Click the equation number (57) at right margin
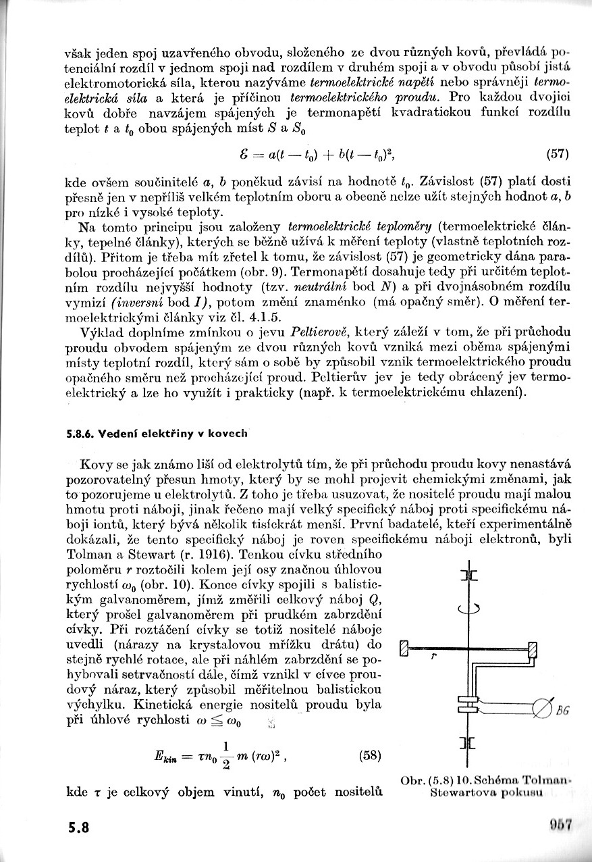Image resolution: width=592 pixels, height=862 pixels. point(558,154)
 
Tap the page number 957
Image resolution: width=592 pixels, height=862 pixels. point(561,825)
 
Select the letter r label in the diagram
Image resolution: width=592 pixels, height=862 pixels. point(431,656)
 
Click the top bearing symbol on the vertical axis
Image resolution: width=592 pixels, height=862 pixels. point(468,576)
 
